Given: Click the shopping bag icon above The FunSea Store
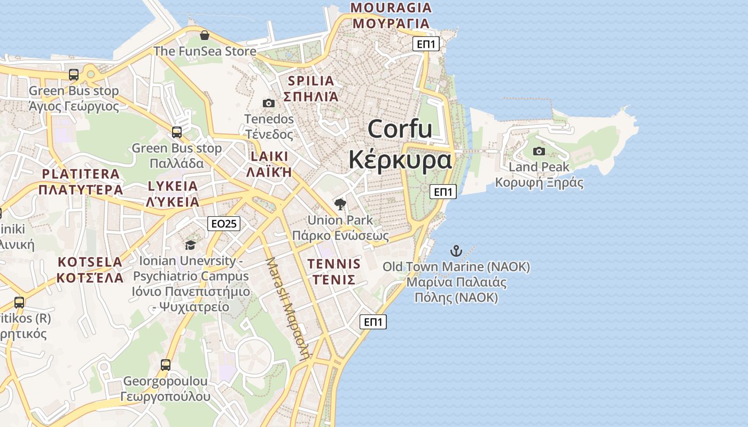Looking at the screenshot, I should pyautogui.click(x=204, y=36).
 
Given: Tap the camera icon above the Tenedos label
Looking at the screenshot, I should pyautogui.click(x=269, y=103).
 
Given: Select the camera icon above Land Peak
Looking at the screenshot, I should pyautogui.click(x=539, y=151).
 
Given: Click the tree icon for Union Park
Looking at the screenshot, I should pyautogui.click(x=340, y=204).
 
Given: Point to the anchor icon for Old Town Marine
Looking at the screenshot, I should pyautogui.click(x=456, y=250).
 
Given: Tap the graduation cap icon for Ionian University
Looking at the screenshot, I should pyautogui.click(x=190, y=245).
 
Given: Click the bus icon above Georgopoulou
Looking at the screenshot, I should pyautogui.click(x=166, y=365).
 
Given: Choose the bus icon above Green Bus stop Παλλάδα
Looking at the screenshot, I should pyautogui.click(x=177, y=132).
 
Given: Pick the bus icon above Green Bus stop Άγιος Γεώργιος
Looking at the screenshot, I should pyautogui.click(x=74, y=75).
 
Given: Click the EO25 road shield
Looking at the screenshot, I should pyautogui.click(x=223, y=224).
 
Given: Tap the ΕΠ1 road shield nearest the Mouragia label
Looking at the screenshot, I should pyautogui.click(x=426, y=44).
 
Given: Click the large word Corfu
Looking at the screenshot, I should pyautogui.click(x=400, y=129).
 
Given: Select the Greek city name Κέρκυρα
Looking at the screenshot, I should pyautogui.click(x=400, y=160).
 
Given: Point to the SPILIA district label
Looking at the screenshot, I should pyautogui.click(x=311, y=81).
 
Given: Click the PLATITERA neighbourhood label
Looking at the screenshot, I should pyautogui.click(x=81, y=174).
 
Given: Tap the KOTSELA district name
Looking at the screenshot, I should pyautogui.click(x=90, y=262).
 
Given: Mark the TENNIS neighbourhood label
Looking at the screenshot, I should pyautogui.click(x=334, y=264).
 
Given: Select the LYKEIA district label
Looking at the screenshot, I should pyautogui.click(x=173, y=186).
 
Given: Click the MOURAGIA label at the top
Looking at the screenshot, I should pyautogui.click(x=391, y=7).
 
